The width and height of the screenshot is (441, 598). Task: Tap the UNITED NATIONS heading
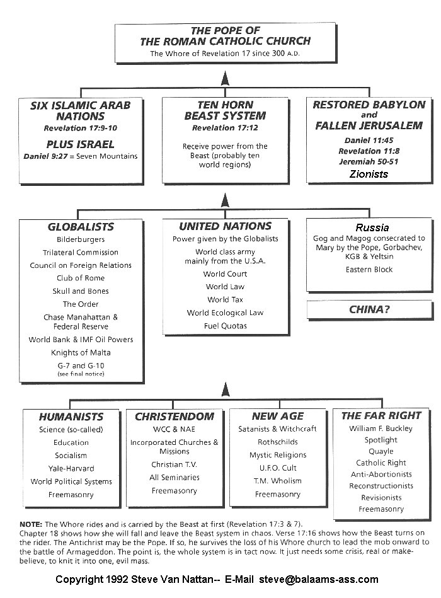point(225,226)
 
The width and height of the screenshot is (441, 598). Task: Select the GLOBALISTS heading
point(81,227)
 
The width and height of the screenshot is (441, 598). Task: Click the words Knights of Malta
point(81,352)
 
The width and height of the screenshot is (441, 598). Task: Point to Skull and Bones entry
point(81,291)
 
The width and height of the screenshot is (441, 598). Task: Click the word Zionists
point(369,174)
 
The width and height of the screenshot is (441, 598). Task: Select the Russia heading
point(372,227)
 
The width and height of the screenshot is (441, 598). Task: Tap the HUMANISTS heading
point(71,417)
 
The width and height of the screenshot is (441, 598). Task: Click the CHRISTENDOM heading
point(175,417)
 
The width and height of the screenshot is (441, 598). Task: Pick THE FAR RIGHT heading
point(381,416)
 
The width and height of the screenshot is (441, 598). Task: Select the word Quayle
point(381,451)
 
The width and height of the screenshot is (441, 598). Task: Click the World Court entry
point(225,274)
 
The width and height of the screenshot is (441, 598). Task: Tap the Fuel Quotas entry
point(225,326)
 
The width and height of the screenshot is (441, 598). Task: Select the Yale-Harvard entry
point(71,468)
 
